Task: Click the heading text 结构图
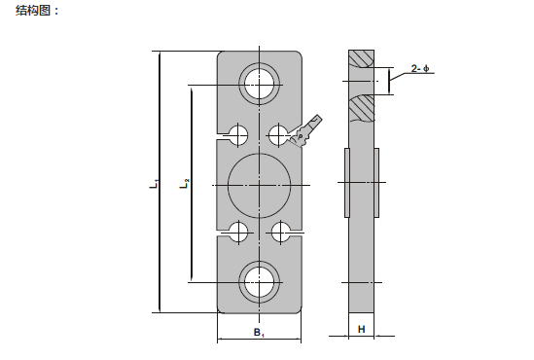click(37, 11)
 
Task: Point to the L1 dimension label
click(154, 183)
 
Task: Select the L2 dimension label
click(185, 183)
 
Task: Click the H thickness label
click(362, 330)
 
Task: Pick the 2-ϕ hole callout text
click(419, 68)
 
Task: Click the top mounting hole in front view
click(260, 81)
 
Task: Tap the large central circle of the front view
click(259, 183)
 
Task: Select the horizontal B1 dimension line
click(259, 341)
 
